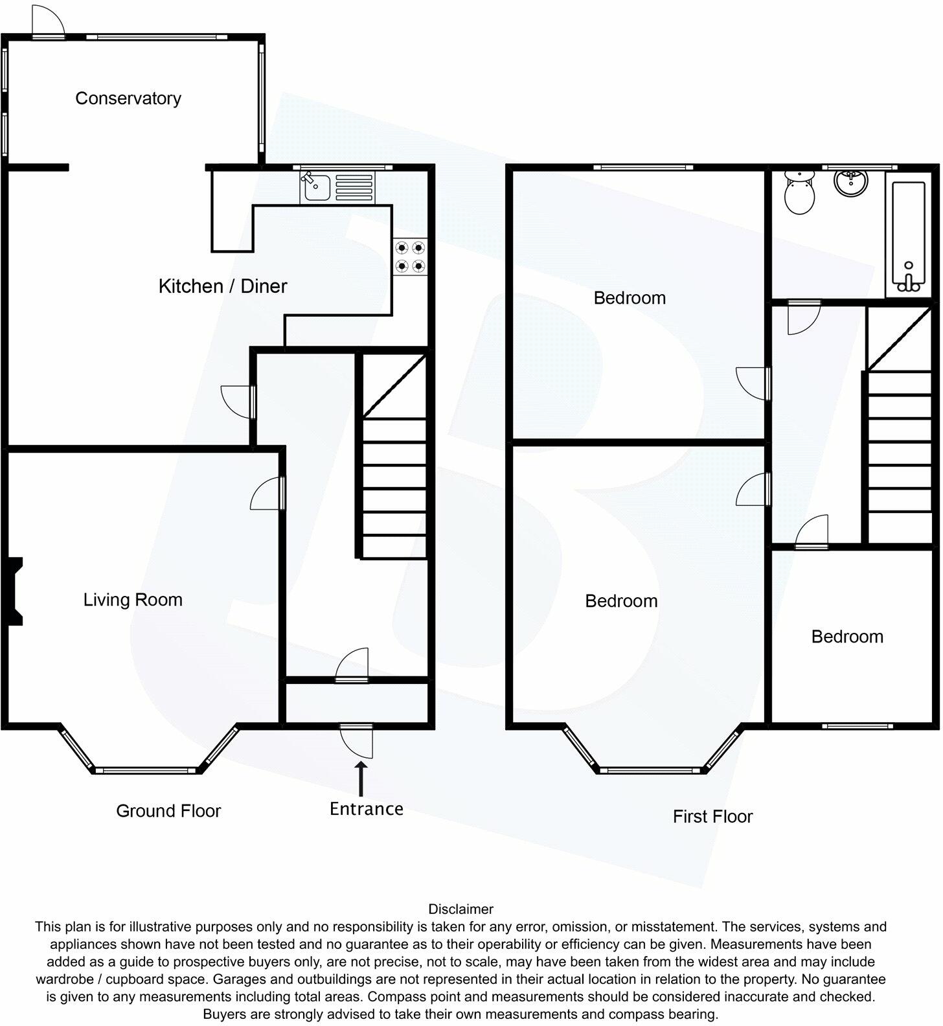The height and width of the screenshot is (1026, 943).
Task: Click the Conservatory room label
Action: click(128, 98)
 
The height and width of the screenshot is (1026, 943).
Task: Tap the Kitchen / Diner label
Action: click(223, 286)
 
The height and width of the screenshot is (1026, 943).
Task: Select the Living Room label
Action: click(133, 600)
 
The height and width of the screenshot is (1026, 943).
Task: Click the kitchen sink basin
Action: click(315, 187)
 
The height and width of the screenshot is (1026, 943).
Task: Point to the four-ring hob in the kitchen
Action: click(410, 256)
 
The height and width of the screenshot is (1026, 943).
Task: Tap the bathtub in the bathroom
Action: click(911, 234)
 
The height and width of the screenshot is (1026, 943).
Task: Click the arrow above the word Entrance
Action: click(361, 778)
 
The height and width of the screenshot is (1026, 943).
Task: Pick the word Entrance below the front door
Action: click(367, 809)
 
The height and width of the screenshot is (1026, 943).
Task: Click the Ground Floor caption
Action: click(168, 811)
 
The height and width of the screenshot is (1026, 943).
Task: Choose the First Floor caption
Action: click(712, 817)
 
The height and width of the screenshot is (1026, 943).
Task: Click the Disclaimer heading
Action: click(460, 909)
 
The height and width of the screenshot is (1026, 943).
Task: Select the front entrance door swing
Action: click(358, 741)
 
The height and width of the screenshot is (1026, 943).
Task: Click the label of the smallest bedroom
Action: click(847, 637)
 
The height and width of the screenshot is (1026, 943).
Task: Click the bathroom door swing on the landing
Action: click(804, 317)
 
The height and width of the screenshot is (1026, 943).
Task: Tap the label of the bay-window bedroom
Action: click(621, 601)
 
